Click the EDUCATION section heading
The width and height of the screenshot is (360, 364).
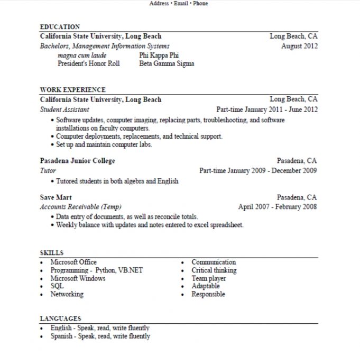(60, 27)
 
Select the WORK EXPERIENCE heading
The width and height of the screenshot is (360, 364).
(72, 90)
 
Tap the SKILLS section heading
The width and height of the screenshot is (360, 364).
(51, 253)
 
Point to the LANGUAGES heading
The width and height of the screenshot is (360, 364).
(60, 319)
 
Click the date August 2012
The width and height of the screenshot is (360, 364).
(299, 46)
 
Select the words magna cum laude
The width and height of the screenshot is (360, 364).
(82, 55)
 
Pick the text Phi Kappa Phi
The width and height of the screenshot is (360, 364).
(158, 55)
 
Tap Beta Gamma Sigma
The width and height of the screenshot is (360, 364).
(167, 63)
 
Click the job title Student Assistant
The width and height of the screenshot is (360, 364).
(64, 110)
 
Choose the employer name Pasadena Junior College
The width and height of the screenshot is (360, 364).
(77, 161)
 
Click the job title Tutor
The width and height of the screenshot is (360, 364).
(48, 171)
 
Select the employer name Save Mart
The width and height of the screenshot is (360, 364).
(56, 197)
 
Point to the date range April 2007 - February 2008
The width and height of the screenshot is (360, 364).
(278, 207)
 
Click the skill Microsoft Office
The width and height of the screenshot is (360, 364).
(73, 262)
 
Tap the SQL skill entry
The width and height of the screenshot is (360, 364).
(57, 286)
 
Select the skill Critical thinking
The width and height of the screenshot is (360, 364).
(214, 270)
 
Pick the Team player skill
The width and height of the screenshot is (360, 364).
(208, 278)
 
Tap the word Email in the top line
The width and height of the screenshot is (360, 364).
(179, 3)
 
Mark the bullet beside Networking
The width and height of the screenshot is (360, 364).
(42, 295)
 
